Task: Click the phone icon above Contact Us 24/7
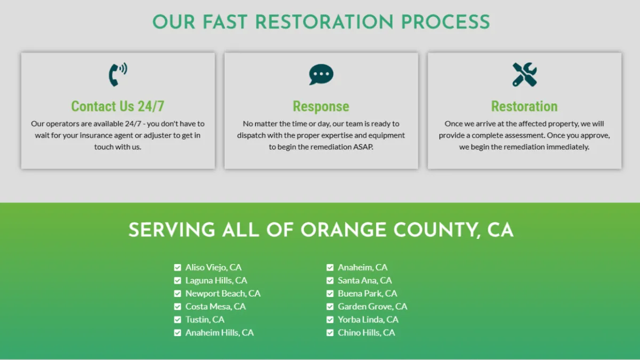[x=118, y=75]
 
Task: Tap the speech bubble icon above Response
[x=321, y=74]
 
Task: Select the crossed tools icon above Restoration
[x=525, y=75]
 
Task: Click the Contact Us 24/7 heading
[x=118, y=106]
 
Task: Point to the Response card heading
[x=321, y=107]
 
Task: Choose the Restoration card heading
[x=524, y=106]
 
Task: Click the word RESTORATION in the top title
[x=324, y=22]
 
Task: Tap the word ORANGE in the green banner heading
[x=343, y=230]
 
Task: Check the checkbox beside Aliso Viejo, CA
[x=178, y=267]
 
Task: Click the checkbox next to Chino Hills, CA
[x=330, y=333]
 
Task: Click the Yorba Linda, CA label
[x=368, y=319]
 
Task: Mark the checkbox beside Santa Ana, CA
[x=330, y=281]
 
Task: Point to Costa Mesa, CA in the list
[x=215, y=307]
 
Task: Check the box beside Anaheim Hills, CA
[x=178, y=333]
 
